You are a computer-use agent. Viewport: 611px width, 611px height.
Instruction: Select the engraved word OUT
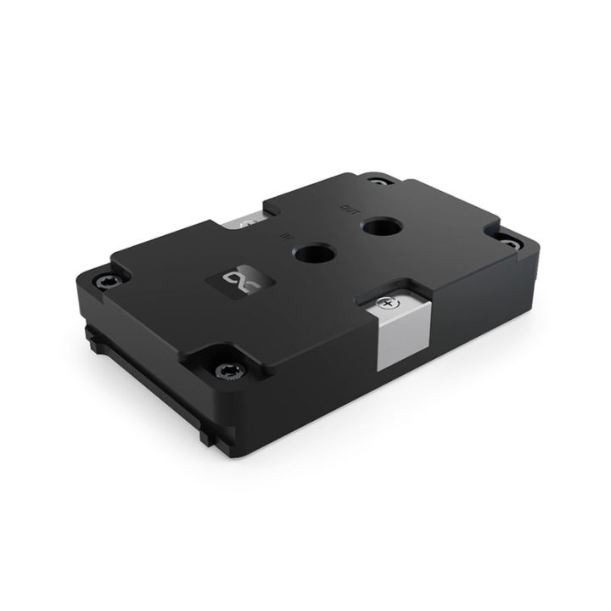pos(345,205)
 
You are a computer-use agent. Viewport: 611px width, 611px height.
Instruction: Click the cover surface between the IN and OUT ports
pos(346,241)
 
